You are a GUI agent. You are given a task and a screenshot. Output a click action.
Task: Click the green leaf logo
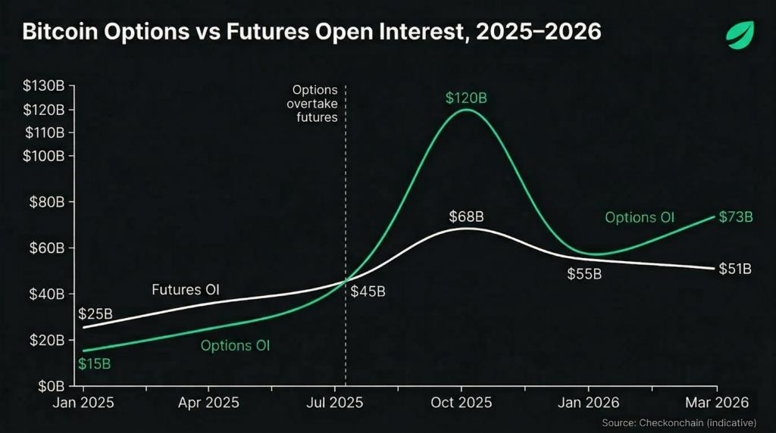tap(740, 35)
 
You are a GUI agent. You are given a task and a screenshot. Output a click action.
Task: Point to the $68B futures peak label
tap(465, 217)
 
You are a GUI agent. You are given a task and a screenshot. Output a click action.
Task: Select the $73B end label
tap(734, 217)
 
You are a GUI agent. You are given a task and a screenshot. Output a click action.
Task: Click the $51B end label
tap(734, 269)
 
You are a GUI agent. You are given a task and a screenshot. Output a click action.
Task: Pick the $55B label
tap(584, 274)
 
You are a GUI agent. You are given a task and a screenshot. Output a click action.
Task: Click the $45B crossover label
tap(368, 291)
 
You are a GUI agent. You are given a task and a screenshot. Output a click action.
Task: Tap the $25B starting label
tap(95, 313)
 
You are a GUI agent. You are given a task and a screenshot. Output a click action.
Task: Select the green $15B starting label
tap(95, 363)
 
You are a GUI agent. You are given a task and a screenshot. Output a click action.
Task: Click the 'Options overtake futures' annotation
tap(314, 104)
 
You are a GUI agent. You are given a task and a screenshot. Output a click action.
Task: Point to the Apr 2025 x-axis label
tap(208, 403)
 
